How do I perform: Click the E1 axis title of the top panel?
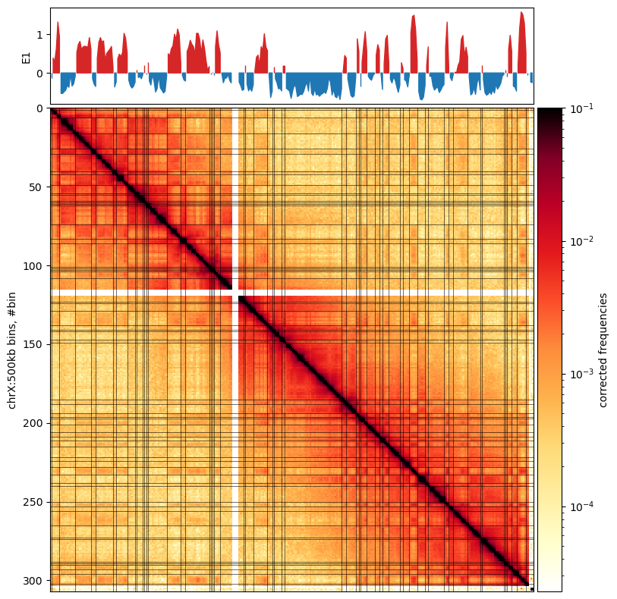coord(27,56)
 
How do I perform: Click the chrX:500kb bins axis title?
coord(12,350)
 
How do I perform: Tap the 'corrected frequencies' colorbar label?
coord(603,350)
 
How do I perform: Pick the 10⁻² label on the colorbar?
coord(580,242)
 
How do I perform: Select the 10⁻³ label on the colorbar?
coord(580,374)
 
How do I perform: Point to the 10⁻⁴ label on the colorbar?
coord(580,506)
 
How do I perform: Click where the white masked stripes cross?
coord(235,292)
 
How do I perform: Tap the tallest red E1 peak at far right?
coord(522,14)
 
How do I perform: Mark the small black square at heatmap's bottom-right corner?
coord(532,588)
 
